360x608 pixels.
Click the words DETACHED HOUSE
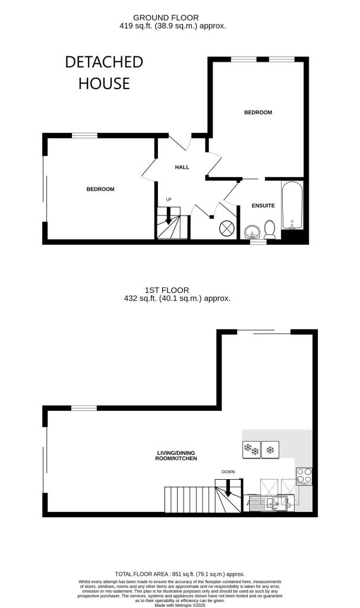click(x=104, y=72)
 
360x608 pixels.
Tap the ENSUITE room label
click(x=263, y=205)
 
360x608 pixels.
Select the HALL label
click(x=182, y=167)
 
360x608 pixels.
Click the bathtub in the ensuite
click(x=292, y=205)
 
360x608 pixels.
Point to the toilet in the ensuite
click(x=269, y=229)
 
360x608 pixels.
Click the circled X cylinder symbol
click(x=227, y=229)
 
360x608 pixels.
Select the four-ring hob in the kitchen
click(x=304, y=476)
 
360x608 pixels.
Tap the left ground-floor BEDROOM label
click(x=100, y=189)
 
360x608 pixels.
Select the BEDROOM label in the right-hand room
click(x=258, y=112)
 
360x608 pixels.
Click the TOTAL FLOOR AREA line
click(x=179, y=574)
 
